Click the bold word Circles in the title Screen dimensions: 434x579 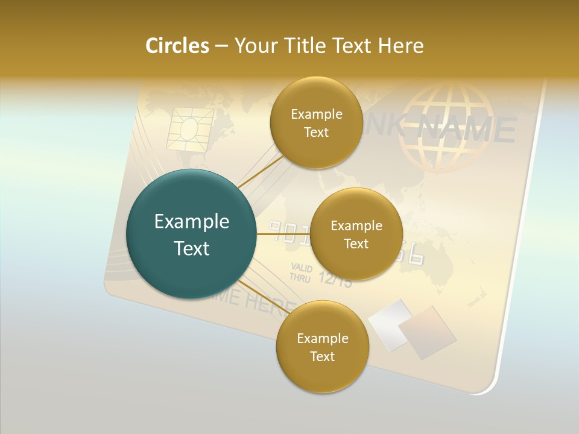coord(177,46)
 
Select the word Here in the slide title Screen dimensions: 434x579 coord(400,46)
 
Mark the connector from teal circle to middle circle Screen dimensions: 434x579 coord(283,234)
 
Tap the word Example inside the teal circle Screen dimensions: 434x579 coord(192,222)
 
